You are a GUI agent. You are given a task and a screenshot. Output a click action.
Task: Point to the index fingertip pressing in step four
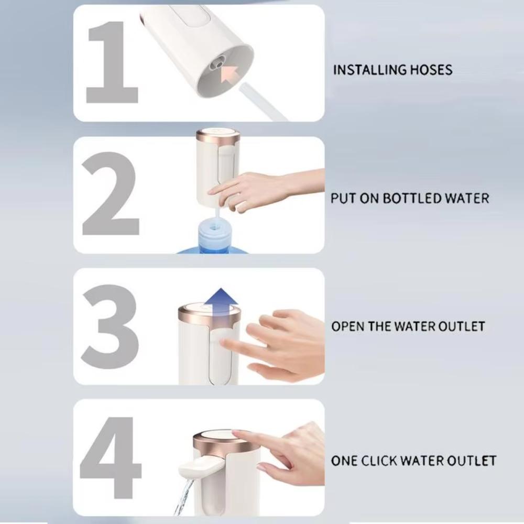tap(237, 434)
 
